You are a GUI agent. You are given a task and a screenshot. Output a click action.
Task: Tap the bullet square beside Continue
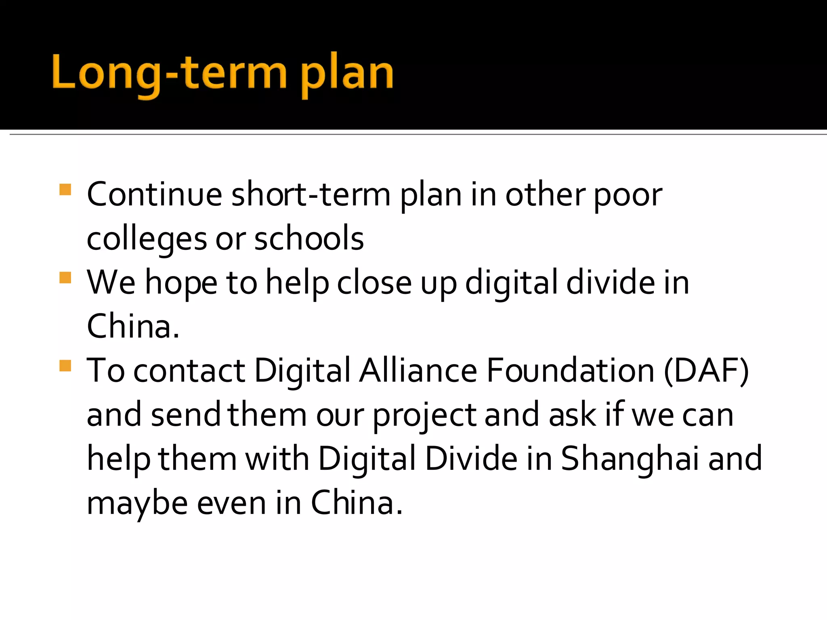coord(65,190)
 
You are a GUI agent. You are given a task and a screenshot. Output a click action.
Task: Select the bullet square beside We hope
coord(65,278)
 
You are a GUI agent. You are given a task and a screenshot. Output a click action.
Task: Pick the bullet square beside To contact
coord(65,366)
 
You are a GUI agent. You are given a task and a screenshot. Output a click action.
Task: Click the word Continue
coord(154,195)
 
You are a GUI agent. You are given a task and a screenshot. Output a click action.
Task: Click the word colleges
coord(147,239)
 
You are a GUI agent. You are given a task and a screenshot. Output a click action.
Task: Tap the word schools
coord(309,239)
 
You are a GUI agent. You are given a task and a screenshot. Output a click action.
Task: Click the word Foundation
coord(570,371)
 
